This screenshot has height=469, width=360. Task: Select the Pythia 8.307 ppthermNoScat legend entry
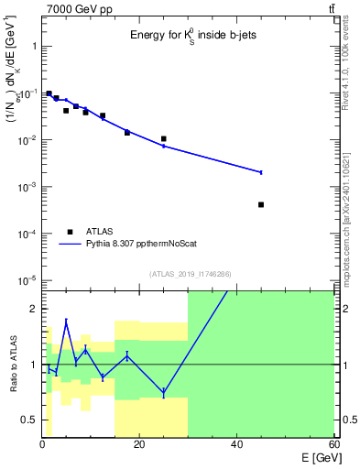click(128, 245)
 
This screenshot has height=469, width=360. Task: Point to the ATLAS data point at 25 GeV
click(163, 139)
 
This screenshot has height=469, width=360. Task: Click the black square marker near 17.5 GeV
click(127, 133)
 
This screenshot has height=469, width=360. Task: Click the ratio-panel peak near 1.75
click(66, 322)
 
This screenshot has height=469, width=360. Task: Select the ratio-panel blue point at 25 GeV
click(163, 392)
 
